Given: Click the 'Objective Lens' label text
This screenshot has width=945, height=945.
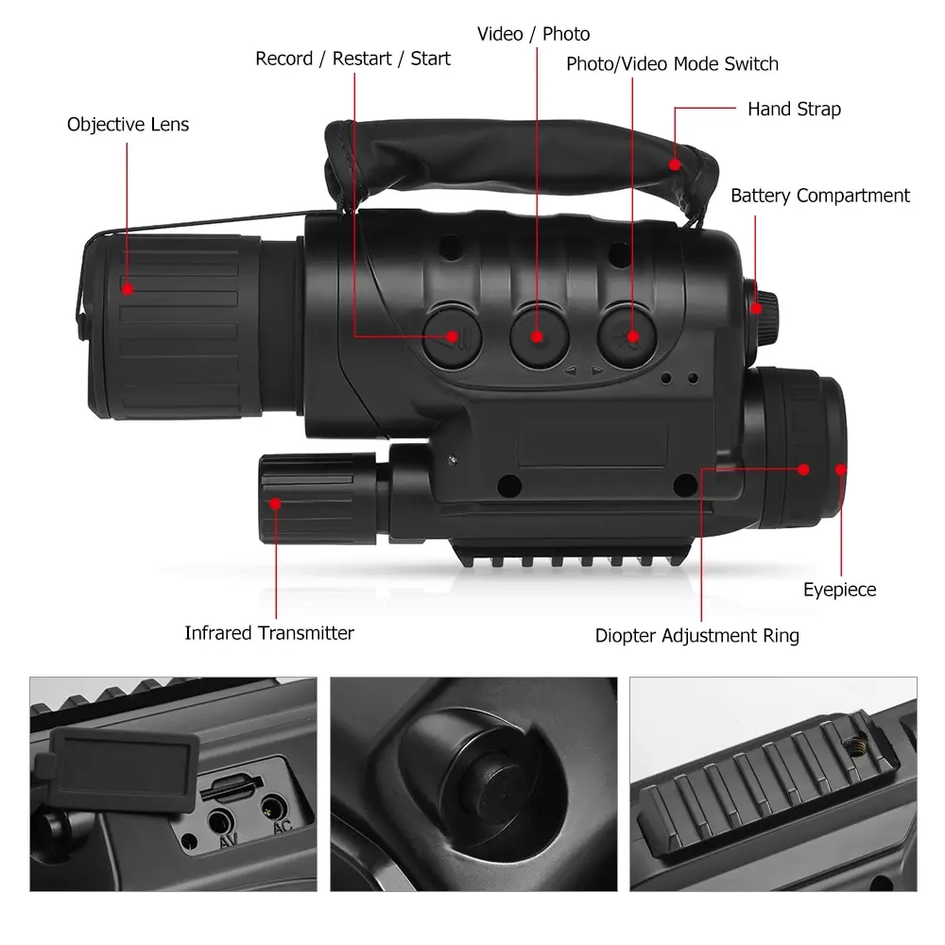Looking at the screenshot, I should tap(128, 125).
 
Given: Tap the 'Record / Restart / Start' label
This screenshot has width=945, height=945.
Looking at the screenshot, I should tap(352, 59).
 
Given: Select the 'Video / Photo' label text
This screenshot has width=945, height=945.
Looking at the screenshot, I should tap(533, 34).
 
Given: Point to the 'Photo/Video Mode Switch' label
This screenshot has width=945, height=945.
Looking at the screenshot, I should tap(672, 64).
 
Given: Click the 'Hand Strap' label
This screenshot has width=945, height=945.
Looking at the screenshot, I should tap(794, 110).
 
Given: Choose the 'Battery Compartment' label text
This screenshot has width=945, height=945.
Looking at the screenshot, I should tap(819, 196).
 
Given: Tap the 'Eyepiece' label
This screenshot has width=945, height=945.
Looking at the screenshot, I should tap(839, 590).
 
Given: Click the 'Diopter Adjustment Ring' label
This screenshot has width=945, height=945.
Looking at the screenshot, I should tap(696, 636).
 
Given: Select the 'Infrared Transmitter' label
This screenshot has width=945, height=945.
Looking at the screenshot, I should tap(269, 633).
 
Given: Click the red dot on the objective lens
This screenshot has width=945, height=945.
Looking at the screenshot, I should tap(128, 289).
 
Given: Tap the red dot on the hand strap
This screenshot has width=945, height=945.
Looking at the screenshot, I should tap(675, 164).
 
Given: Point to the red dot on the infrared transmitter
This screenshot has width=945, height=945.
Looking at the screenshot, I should tap(275, 504).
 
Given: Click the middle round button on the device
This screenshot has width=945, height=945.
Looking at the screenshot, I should tap(539, 335).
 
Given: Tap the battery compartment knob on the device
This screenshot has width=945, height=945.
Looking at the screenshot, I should tap(762, 307).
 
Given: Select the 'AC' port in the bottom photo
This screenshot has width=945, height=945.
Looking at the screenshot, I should tap(274, 808).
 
